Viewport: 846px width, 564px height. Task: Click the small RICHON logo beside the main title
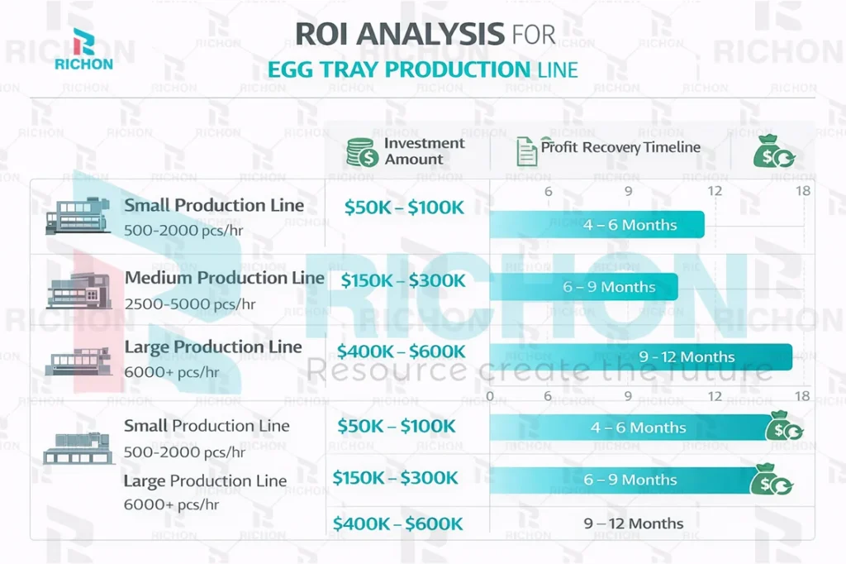[82, 49]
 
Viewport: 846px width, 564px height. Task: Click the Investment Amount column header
[424, 151]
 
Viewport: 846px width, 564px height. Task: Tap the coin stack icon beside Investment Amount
[362, 152]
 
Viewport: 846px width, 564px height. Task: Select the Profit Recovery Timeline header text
[620, 147]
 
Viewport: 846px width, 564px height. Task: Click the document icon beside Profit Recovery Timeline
[525, 151]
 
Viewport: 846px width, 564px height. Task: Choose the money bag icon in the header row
[774, 151]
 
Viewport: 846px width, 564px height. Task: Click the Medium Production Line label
[224, 278]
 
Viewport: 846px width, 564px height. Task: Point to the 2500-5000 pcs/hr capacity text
[190, 304]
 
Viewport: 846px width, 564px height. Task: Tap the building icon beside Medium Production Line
[79, 290]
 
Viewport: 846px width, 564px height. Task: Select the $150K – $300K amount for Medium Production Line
[403, 280]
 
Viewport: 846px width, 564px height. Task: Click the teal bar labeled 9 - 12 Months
[640, 356]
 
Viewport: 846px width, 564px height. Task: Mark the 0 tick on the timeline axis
[490, 396]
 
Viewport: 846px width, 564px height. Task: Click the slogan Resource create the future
[539, 371]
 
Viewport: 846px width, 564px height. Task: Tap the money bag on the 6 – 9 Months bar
[772, 480]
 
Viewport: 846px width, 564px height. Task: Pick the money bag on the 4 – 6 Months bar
[783, 428]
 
